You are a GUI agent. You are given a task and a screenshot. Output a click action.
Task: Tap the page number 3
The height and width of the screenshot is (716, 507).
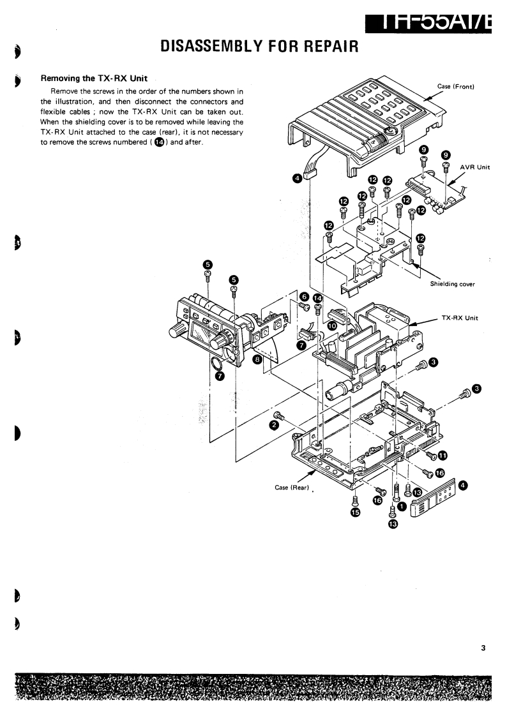483,648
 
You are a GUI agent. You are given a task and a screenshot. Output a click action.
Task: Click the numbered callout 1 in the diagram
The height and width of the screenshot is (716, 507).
402,506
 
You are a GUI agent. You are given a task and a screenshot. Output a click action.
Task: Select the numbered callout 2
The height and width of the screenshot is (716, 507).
273,424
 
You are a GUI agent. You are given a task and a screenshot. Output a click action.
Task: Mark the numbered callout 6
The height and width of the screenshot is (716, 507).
304,297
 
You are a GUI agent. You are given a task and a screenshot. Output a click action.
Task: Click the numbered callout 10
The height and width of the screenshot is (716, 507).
332,325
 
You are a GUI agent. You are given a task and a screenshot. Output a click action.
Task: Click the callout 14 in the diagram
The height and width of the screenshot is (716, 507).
318,298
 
